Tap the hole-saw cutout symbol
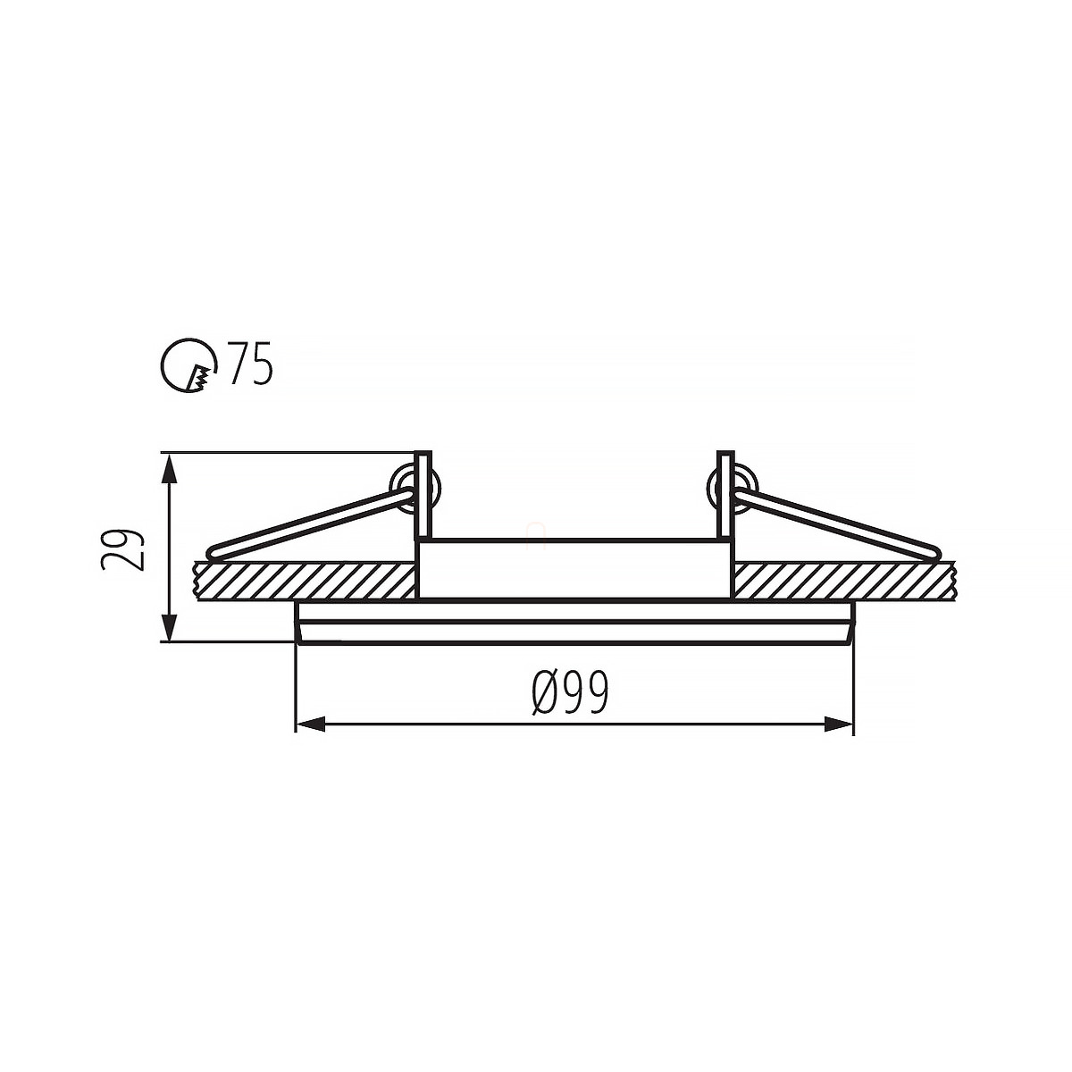point(188,365)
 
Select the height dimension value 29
point(123,549)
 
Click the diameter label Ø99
point(571,692)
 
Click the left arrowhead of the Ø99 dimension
point(310,724)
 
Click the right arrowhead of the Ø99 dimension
point(838,724)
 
